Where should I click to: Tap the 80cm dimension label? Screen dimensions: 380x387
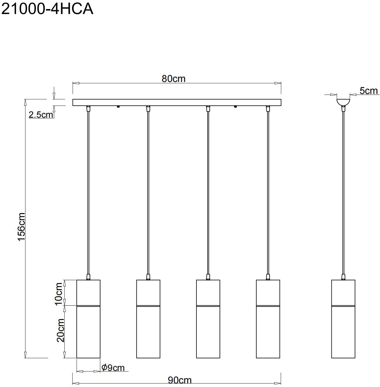coord(174,79)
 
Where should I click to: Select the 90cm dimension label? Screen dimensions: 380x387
coord(179,380)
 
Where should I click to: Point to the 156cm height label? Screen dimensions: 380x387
coord(21,227)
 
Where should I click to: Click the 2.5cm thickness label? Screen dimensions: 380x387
coord(41,115)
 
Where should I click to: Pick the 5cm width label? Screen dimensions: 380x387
coord(369,91)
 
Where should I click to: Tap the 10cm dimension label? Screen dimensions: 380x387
coord(59,294)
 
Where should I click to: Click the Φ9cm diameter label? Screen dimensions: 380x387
coord(113,368)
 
